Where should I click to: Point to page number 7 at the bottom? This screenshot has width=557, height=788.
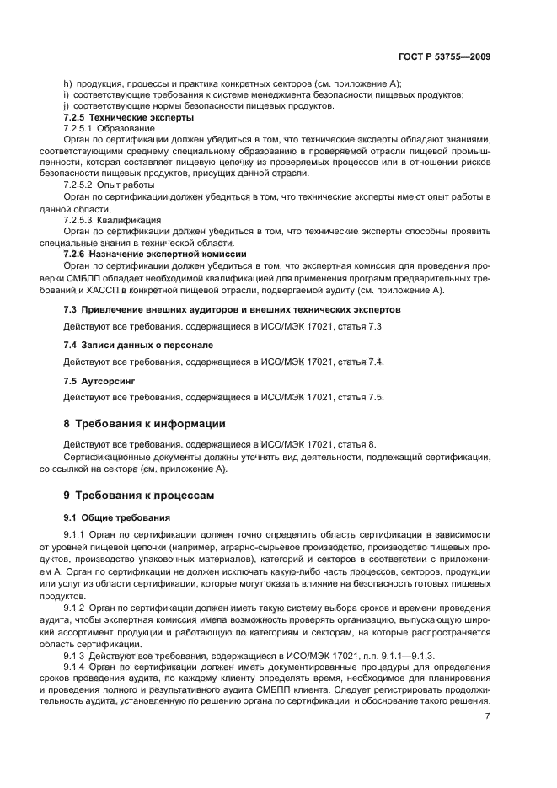click(488, 716)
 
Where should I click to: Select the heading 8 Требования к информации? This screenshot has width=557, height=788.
click(144, 423)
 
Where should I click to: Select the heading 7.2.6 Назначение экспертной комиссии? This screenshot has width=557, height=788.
click(155, 253)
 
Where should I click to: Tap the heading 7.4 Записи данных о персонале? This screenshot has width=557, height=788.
click(138, 346)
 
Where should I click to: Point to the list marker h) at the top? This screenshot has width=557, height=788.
click(68, 83)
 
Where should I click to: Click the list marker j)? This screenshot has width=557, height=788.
click(67, 105)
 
